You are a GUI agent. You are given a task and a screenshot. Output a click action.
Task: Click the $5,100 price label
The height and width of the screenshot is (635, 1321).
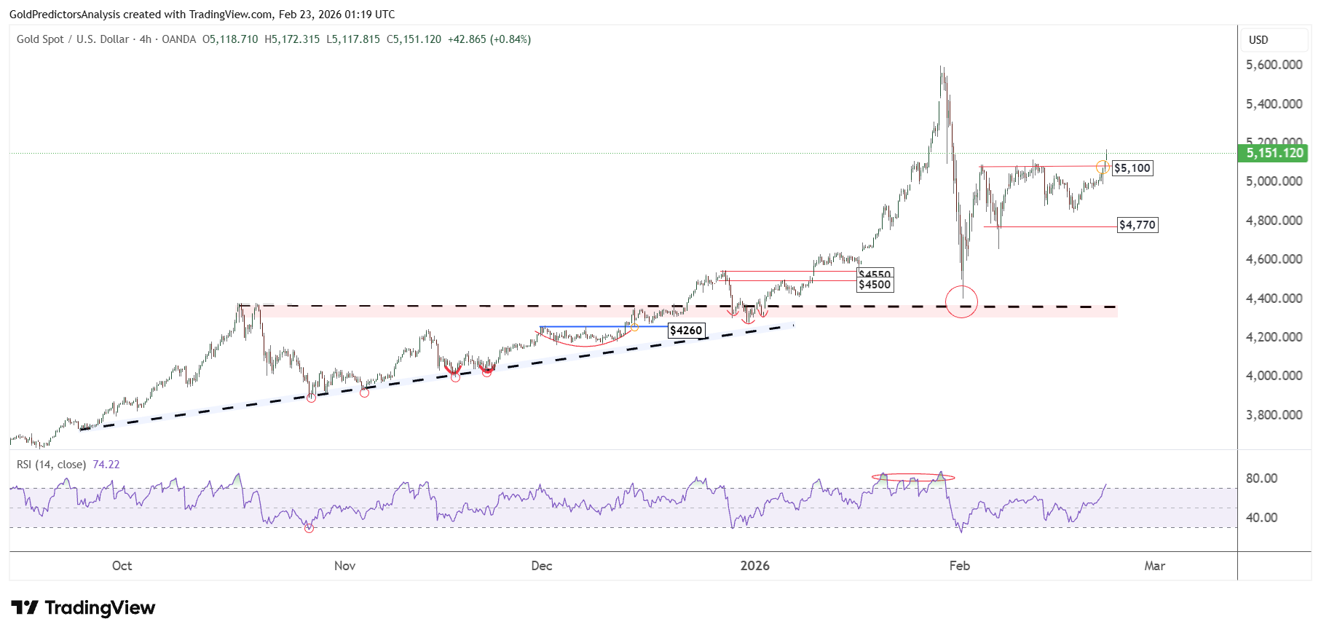click(x=1132, y=168)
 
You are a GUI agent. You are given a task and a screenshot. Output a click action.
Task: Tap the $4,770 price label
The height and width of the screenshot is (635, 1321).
click(x=1137, y=225)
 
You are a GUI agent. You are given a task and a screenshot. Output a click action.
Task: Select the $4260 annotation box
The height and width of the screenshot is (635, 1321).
click(x=686, y=331)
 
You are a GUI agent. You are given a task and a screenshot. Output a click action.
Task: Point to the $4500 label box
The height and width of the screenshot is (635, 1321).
click(x=875, y=285)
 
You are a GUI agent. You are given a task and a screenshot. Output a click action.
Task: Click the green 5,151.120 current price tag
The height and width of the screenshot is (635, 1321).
click(x=1274, y=153)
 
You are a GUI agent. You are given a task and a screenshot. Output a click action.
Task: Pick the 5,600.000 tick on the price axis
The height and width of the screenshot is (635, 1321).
click(x=1274, y=65)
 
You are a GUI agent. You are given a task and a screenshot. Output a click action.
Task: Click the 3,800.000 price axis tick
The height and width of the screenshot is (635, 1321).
click(x=1274, y=415)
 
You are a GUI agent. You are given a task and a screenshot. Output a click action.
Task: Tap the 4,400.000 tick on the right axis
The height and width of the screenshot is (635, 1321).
click(x=1274, y=299)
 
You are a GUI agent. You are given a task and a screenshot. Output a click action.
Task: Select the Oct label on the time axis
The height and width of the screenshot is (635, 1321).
click(x=122, y=566)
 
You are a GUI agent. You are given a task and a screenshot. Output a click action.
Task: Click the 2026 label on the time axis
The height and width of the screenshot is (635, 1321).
click(x=754, y=566)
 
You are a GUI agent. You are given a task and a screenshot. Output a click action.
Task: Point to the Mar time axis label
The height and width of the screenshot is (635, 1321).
click(x=1154, y=566)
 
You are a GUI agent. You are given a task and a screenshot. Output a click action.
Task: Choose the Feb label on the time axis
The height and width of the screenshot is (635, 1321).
click(x=959, y=566)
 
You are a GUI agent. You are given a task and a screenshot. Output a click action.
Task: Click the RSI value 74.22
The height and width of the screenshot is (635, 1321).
click(x=106, y=465)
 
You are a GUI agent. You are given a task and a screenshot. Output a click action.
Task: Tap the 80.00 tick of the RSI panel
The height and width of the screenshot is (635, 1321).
click(x=1261, y=478)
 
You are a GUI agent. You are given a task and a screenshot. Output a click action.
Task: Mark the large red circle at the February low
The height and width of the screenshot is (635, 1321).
click(x=961, y=301)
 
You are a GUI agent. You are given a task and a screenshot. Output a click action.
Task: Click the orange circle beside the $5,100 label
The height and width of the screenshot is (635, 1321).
click(x=1103, y=167)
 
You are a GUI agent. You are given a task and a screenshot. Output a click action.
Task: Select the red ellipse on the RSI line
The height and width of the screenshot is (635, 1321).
click(x=913, y=478)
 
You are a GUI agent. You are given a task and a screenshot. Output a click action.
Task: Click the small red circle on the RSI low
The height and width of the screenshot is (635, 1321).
click(x=309, y=528)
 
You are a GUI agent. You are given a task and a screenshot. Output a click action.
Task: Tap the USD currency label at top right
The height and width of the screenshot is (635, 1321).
click(x=1258, y=40)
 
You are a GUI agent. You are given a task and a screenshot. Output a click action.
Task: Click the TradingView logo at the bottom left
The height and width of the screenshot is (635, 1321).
click(x=84, y=608)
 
